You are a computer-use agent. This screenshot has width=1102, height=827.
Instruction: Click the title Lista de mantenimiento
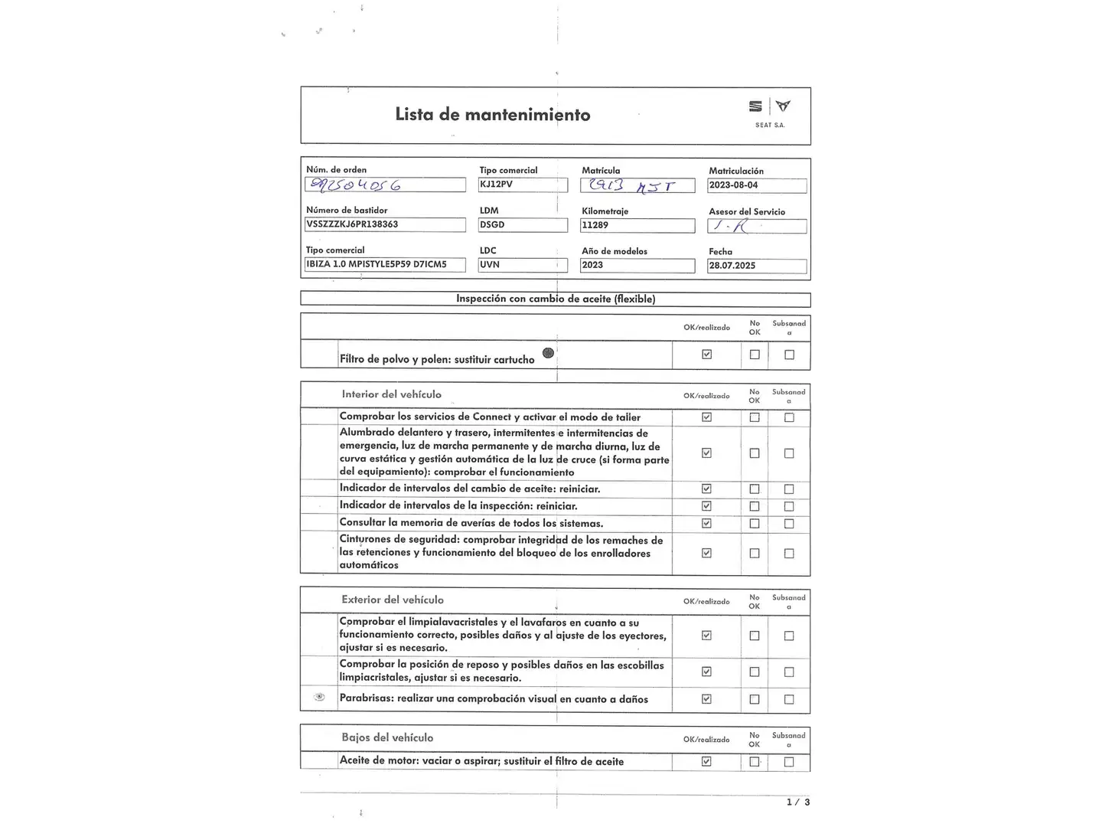[x=492, y=115]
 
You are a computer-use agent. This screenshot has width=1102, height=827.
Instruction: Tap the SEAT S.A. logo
[x=769, y=112]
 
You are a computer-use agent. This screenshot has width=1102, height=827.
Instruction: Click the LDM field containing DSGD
[x=523, y=225]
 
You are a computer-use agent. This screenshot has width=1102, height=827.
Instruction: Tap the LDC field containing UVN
[x=523, y=265]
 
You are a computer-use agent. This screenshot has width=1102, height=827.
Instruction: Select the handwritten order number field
[x=385, y=185]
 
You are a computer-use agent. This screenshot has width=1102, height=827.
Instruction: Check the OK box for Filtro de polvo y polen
[x=706, y=355]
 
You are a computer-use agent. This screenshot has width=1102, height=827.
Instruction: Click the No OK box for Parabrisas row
[x=755, y=699]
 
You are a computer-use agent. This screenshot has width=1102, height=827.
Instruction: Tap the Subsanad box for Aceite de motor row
[x=789, y=762]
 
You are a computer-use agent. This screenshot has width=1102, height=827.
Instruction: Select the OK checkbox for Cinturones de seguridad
[x=706, y=553]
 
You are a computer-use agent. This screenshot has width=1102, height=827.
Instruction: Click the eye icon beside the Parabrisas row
[x=320, y=697]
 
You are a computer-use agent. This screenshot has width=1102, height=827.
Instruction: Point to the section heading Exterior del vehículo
[x=393, y=600]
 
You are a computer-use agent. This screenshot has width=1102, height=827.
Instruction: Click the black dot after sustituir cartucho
[x=548, y=353]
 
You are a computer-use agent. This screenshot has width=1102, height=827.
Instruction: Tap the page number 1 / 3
[x=798, y=802]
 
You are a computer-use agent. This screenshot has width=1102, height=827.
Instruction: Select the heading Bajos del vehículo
[x=387, y=737]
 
